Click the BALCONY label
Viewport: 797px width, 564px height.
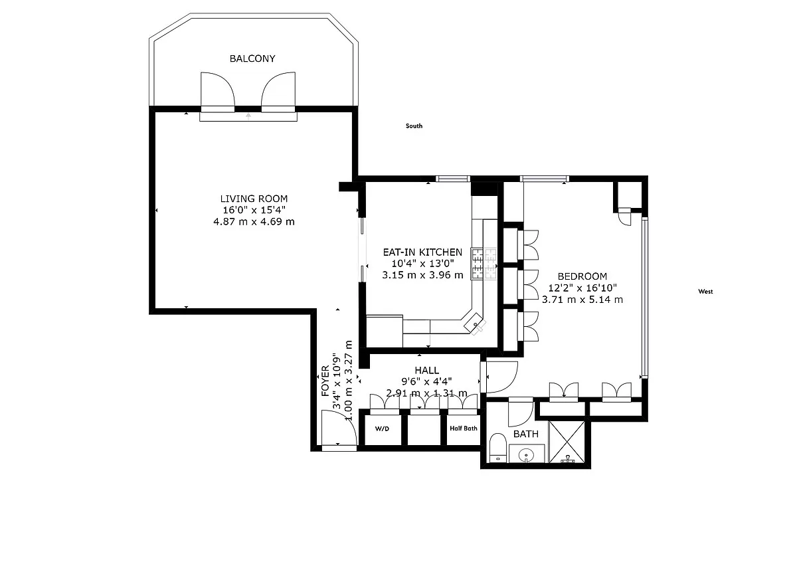(x=252, y=58)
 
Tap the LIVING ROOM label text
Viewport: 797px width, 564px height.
(x=254, y=199)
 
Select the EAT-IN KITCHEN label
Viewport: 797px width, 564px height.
(x=422, y=252)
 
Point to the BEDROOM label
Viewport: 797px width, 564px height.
(x=582, y=276)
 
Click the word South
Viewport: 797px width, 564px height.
(x=414, y=126)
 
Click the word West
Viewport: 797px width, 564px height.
(x=705, y=292)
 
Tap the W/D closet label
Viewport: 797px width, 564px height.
(x=382, y=428)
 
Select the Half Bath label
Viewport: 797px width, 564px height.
(x=464, y=428)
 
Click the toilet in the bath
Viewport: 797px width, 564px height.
(x=497, y=448)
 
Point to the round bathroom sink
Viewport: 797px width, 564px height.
(x=526, y=455)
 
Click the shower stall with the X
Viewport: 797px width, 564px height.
(x=567, y=442)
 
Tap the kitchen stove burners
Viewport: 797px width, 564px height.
(x=484, y=264)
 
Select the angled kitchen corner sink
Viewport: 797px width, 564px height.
(x=475, y=324)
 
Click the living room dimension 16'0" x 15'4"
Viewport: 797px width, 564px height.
(x=254, y=210)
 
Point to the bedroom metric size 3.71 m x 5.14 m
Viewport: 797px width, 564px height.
(x=582, y=300)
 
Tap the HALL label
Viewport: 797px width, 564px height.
(x=426, y=370)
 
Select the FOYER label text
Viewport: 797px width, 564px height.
(x=325, y=381)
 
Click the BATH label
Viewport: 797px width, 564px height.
(x=525, y=434)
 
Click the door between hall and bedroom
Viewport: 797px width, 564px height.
(x=499, y=377)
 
